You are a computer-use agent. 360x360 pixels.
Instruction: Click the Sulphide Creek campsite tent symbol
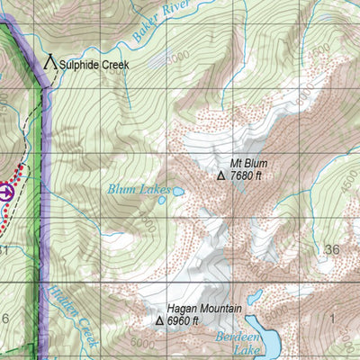click(x=50, y=63)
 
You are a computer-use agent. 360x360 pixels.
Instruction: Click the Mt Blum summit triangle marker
click(x=220, y=176)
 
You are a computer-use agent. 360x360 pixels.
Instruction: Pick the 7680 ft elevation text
click(x=246, y=176)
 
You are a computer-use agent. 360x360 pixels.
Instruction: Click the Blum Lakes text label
click(x=139, y=190)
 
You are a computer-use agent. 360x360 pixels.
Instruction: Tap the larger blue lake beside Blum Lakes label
click(x=178, y=191)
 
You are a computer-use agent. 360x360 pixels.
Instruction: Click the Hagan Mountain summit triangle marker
click(x=159, y=319)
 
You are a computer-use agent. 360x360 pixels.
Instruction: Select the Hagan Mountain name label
click(x=204, y=308)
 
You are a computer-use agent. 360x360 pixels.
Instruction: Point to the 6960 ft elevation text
click(x=184, y=320)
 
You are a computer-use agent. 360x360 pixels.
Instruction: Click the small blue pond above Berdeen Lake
click(x=255, y=295)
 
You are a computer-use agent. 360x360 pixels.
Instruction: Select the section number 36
click(x=333, y=249)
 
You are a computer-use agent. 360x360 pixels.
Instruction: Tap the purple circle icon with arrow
click(x=6, y=191)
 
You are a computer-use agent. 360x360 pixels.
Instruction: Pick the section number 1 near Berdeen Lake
click(x=331, y=319)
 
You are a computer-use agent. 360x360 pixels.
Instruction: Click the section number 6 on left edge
click(x=5, y=319)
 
